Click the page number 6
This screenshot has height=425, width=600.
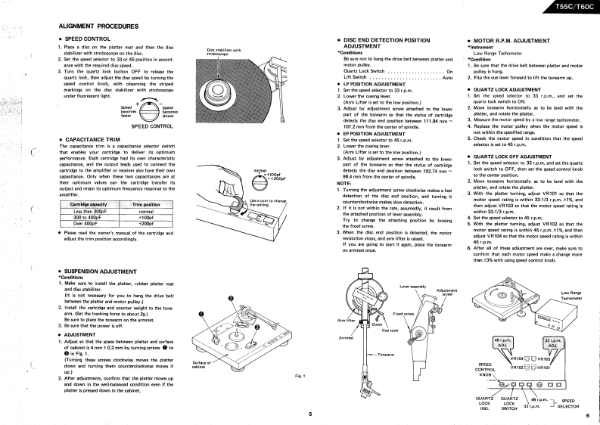coord(586,414)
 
